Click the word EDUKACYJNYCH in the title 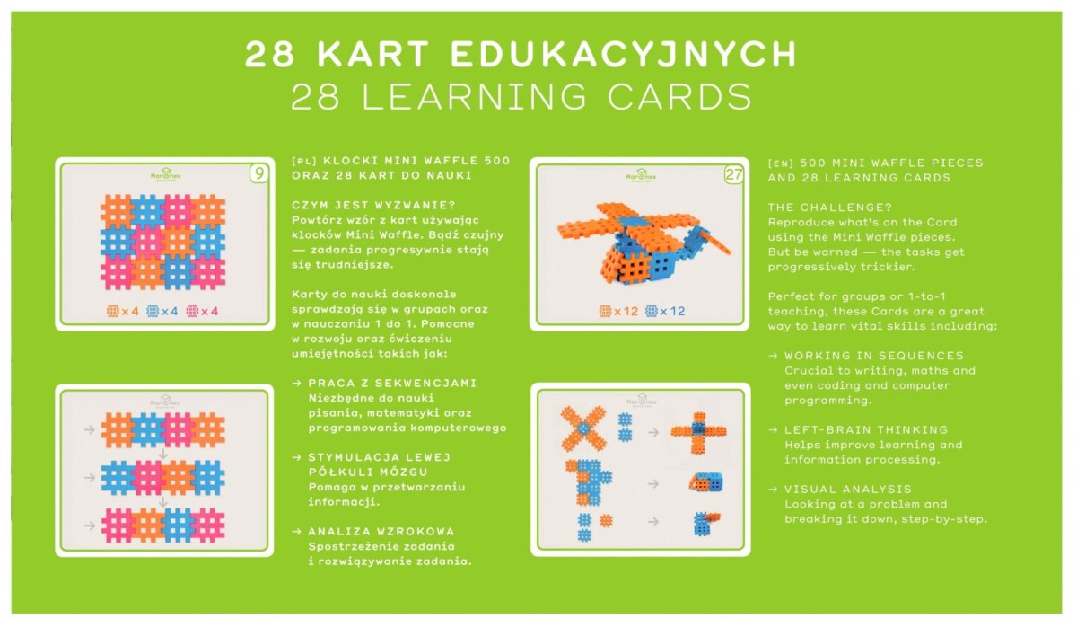pos(624,53)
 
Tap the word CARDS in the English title pos(679,97)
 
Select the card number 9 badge pos(259,173)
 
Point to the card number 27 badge pos(734,174)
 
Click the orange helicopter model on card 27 pos(644,243)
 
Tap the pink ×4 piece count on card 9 pos(203,312)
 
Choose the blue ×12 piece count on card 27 pos(665,312)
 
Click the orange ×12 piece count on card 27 pos(618,312)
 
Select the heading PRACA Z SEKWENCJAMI pos(392,383)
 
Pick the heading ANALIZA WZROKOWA pos(381,531)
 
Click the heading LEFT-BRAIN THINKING pos(866,429)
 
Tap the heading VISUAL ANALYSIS pos(848,489)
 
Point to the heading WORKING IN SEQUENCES pos(874,356)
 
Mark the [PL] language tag pos(304,161)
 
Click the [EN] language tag pos(780,163)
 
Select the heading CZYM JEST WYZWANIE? pos(373,206)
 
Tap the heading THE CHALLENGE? pos(830,208)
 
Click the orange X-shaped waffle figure pos(583,428)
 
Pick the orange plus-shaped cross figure pos(699,433)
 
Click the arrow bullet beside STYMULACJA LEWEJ pos(297,457)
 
